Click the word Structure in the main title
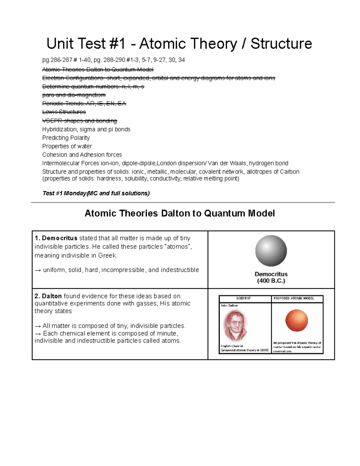(281, 44)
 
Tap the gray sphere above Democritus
(271, 251)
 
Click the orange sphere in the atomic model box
(296, 320)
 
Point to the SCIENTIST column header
(243, 298)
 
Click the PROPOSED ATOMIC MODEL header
(294, 298)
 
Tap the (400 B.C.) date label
(271, 281)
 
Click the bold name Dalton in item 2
(52, 296)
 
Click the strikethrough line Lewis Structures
(64, 112)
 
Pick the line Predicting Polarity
(66, 138)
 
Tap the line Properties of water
(67, 146)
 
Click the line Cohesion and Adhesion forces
(82, 155)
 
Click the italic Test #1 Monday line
(96, 193)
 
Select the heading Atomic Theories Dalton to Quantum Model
(180, 213)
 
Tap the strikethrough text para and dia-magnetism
(74, 95)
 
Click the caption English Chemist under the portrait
(232, 346)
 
